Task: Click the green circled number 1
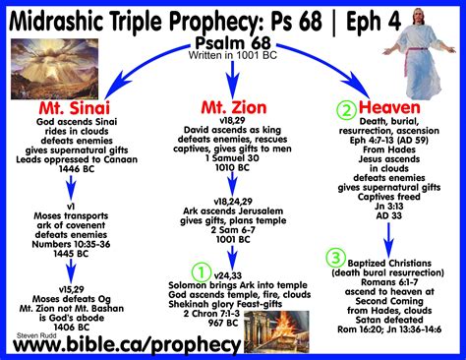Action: coord(201,268)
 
